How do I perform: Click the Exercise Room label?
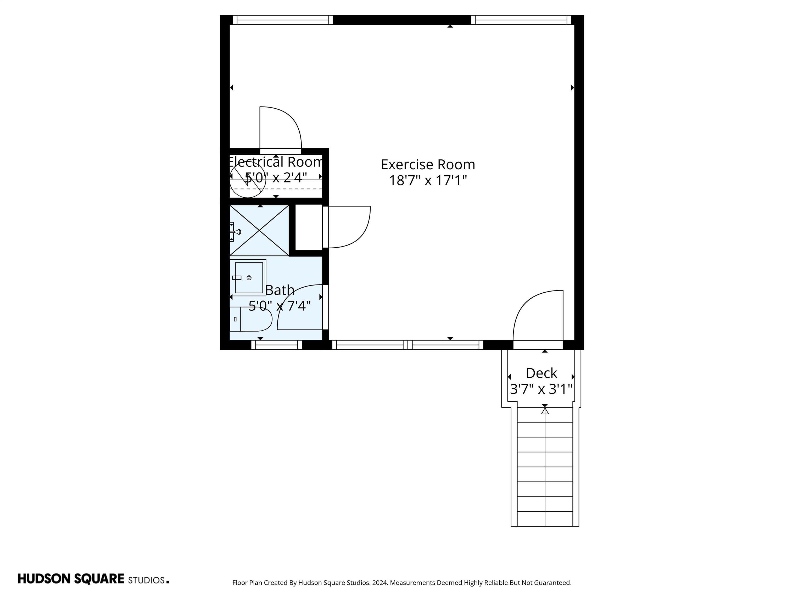428,165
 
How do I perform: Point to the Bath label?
280,290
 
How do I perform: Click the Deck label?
541,373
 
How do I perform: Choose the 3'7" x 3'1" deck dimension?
541,389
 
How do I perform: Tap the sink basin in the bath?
249,278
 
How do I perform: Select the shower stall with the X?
259,230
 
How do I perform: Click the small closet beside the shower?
309,227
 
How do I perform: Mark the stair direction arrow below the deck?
544,411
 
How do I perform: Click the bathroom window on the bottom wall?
276,345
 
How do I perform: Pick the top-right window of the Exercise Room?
521,20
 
